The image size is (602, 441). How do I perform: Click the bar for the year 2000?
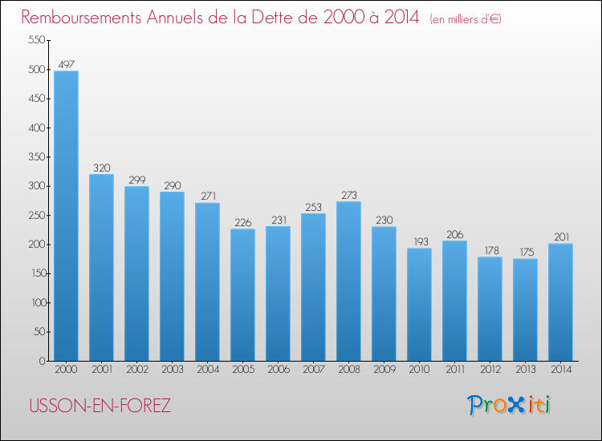[66, 216]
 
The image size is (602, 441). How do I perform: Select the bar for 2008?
[348, 281]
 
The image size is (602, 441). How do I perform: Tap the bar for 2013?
[525, 310]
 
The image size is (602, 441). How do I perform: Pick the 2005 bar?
[242, 294]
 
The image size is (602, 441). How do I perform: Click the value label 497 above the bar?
[66, 64]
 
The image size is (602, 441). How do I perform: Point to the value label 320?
[101, 168]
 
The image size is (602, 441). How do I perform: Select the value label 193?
[419, 241]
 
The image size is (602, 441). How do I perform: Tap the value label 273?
[348, 195]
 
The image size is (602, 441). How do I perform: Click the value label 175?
[525, 252]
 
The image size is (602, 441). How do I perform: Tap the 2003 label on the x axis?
[172, 371]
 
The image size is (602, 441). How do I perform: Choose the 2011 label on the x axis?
[454, 371]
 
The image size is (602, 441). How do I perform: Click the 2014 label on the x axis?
[560, 371]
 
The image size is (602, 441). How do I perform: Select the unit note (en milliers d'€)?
[466, 19]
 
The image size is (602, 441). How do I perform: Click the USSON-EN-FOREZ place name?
[100, 406]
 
